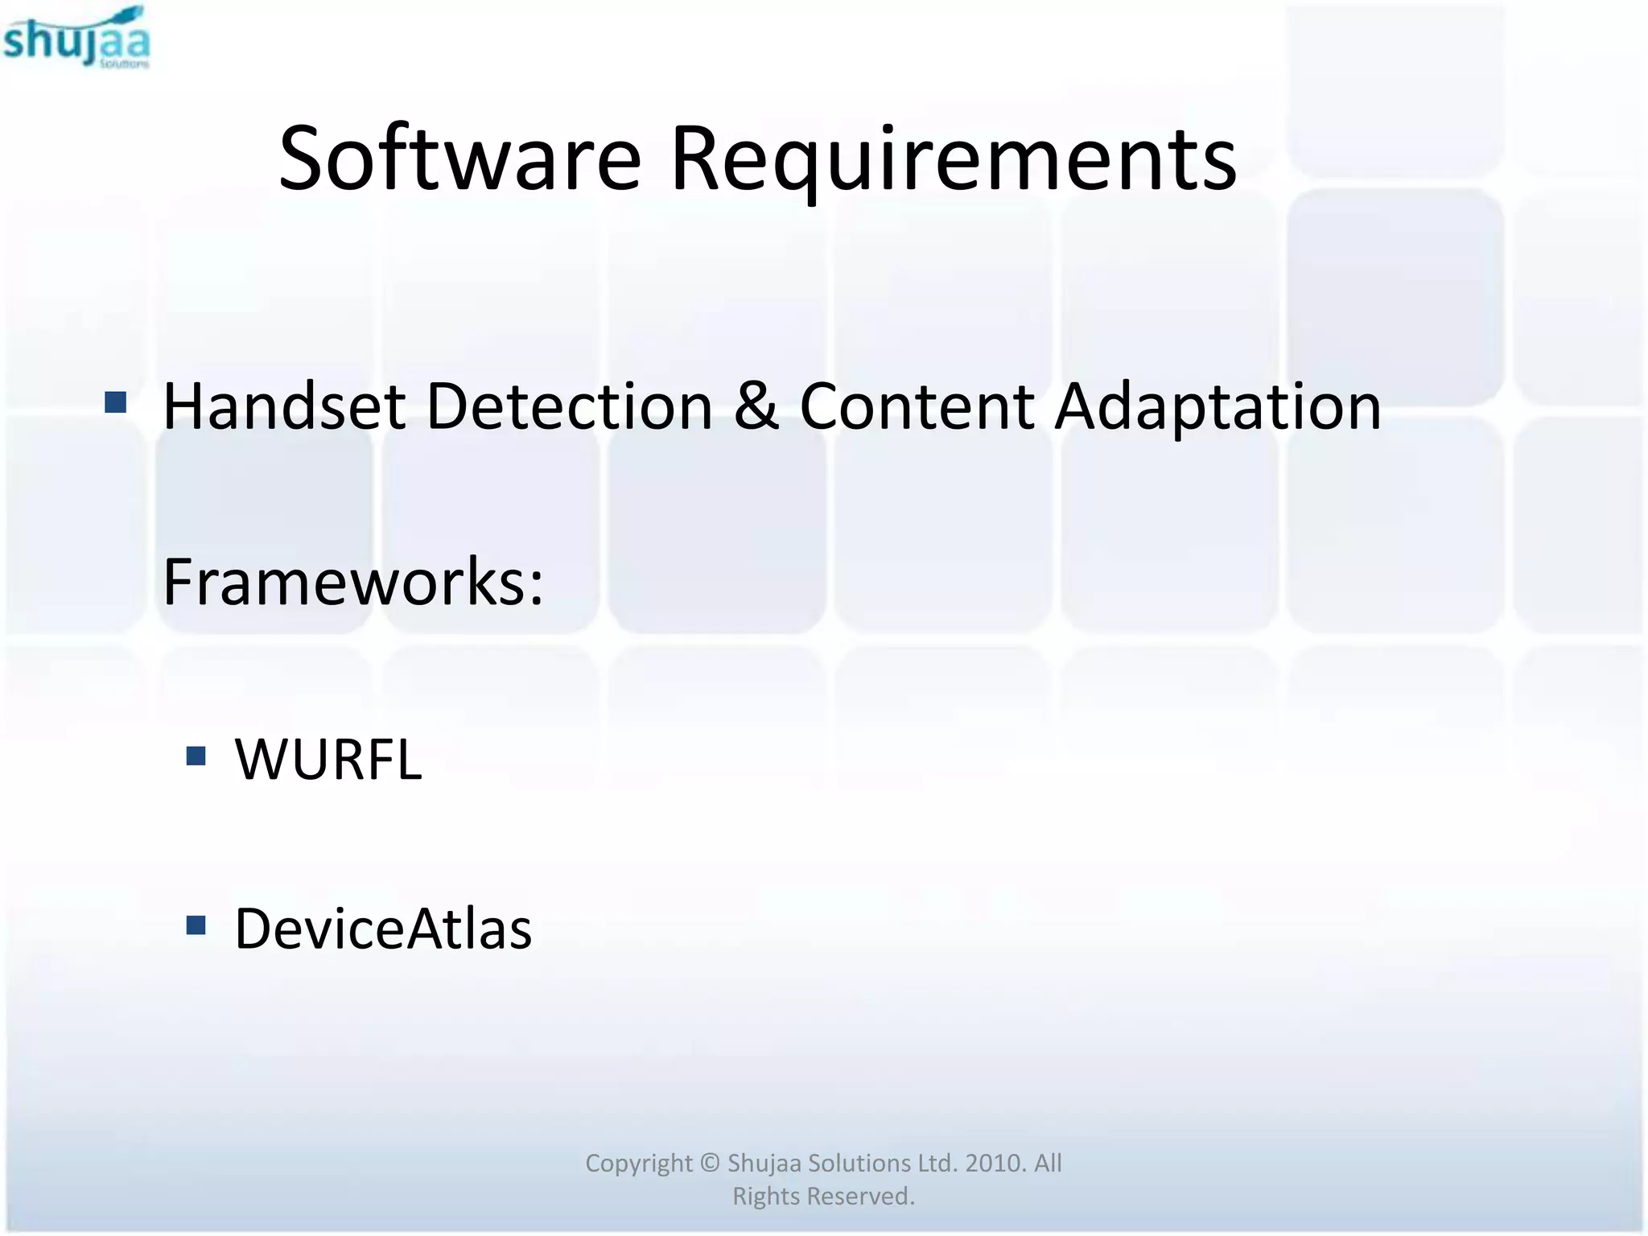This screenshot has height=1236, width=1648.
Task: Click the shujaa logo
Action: [x=76, y=38]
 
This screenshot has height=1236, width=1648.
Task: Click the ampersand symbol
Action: [x=756, y=406]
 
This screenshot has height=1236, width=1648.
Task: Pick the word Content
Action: [x=917, y=406]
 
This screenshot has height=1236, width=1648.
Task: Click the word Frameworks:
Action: [x=353, y=582]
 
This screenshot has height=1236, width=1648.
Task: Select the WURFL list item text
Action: [x=328, y=759]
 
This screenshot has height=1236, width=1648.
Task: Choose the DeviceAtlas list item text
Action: [x=383, y=929]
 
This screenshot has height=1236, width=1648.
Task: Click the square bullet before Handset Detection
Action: [x=116, y=402]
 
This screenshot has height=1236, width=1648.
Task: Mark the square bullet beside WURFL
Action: [x=196, y=756]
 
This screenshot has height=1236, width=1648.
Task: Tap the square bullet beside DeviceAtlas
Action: [x=196, y=925]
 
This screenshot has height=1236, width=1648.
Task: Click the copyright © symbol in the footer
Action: [x=709, y=1163]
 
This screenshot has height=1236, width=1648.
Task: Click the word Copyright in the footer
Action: [x=638, y=1164]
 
